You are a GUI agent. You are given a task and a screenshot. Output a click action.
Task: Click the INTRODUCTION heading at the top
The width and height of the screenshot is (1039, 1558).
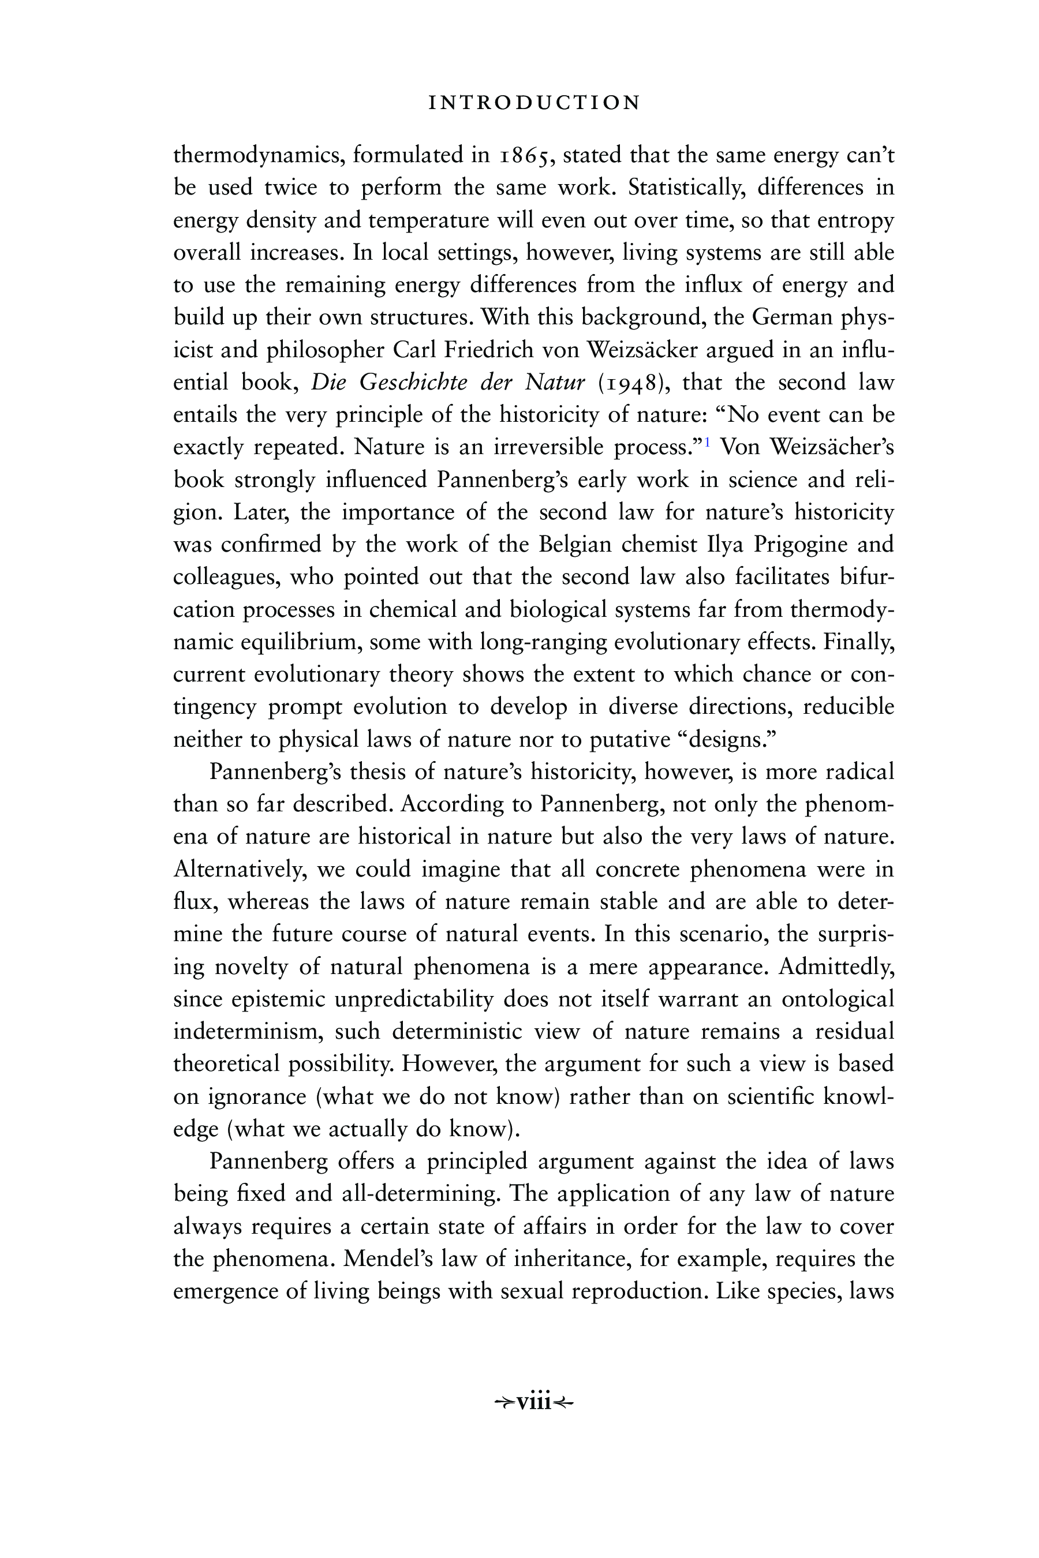tap(534, 103)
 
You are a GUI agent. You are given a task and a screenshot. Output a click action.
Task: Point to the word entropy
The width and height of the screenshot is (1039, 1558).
tap(855, 220)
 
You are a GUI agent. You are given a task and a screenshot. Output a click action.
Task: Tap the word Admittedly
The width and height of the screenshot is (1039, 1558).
tap(836, 967)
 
